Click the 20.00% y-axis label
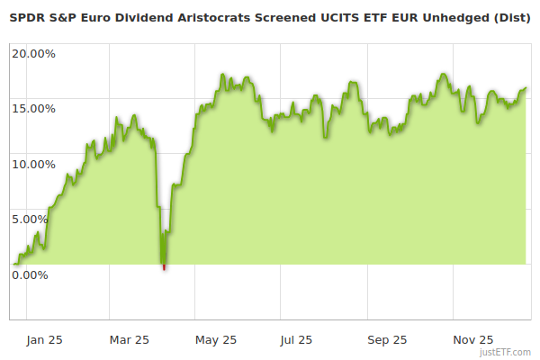(x=33, y=53)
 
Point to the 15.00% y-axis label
(x=33, y=109)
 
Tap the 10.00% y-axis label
(x=33, y=164)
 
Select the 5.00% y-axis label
(x=36, y=219)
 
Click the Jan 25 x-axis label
(x=43, y=340)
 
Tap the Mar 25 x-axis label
(x=130, y=340)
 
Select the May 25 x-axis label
(x=216, y=340)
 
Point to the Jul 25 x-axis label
(x=296, y=340)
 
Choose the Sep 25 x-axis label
(x=387, y=340)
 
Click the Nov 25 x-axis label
(x=473, y=340)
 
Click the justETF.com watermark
(x=506, y=353)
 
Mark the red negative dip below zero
(x=164, y=266)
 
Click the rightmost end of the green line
(x=526, y=88)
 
